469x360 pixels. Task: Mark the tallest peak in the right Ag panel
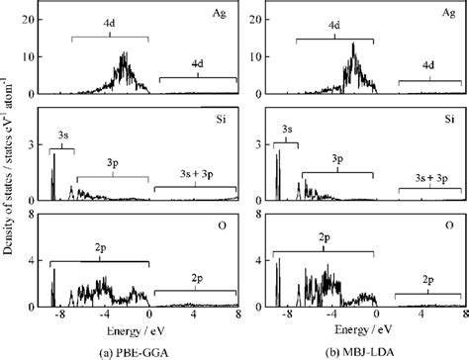(352, 45)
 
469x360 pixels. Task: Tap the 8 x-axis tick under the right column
(464, 314)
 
